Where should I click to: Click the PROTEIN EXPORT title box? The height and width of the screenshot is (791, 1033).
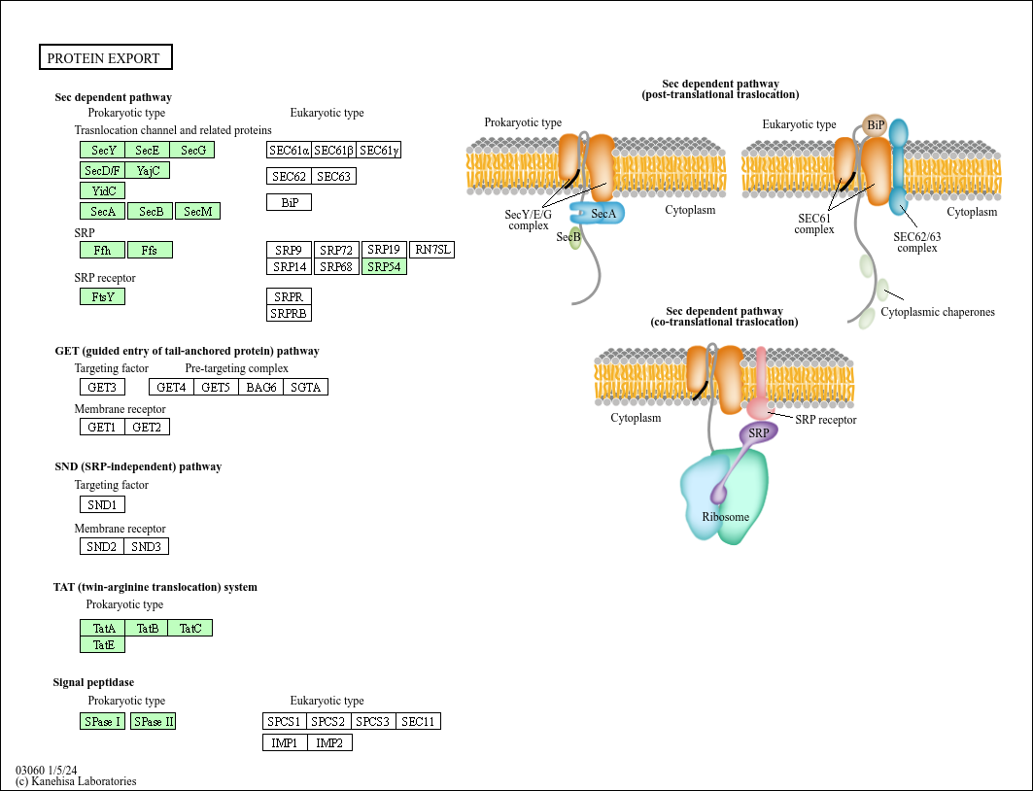click(105, 58)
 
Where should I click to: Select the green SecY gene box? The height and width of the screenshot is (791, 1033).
click(103, 151)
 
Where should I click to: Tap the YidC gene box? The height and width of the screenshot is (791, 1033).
click(103, 190)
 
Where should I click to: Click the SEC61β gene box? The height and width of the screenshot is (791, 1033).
click(333, 151)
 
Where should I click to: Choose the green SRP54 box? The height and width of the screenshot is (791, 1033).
click(384, 267)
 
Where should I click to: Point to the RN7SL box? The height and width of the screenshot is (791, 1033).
click(431, 250)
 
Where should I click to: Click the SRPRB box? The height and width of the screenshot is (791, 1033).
click(289, 313)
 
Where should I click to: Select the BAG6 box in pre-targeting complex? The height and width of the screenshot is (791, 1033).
click(260, 388)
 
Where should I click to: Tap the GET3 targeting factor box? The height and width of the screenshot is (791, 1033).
click(102, 388)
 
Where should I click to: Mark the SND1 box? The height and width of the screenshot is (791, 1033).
click(102, 505)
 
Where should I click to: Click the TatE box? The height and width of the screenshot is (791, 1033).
click(102, 645)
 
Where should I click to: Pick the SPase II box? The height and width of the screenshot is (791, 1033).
click(153, 722)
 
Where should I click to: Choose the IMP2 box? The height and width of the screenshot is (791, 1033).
click(329, 743)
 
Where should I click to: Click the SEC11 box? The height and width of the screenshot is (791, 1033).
click(418, 722)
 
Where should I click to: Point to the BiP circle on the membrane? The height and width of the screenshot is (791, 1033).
click(875, 124)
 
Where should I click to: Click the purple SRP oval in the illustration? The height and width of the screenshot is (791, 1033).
click(758, 432)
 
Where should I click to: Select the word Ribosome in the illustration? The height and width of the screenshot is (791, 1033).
click(726, 517)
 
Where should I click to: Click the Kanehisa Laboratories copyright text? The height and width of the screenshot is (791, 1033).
click(76, 781)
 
